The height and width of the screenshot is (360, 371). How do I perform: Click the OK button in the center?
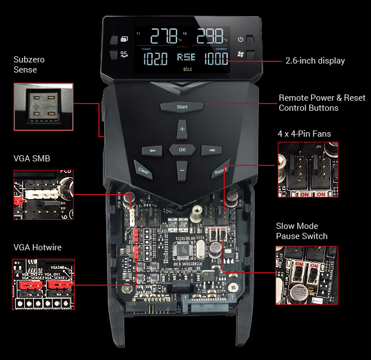(182, 150)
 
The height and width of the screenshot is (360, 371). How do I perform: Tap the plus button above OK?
(182, 129)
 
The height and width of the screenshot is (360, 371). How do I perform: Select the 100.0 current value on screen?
(216, 58)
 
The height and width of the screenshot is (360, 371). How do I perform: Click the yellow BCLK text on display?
(187, 70)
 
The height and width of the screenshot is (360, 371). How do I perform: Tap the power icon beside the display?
(241, 39)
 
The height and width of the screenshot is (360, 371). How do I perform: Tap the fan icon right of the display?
(241, 55)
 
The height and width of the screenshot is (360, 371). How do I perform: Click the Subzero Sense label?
(29, 65)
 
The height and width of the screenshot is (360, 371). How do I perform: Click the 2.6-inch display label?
(315, 60)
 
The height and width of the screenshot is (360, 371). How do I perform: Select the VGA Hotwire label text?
(38, 247)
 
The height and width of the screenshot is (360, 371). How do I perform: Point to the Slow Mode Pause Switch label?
(301, 231)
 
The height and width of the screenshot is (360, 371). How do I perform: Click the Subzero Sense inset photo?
(43, 105)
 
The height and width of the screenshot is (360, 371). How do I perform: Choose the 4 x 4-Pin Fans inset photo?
(307, 169)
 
